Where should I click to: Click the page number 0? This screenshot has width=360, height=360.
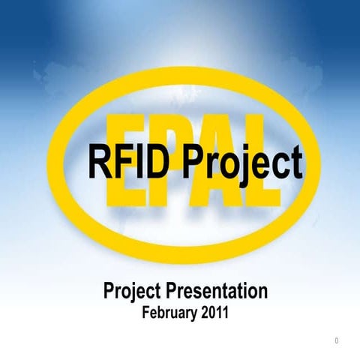pyautogui.click(x=337, y=342)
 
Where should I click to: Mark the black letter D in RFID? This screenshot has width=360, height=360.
pyautogui.click(x=148, y=161)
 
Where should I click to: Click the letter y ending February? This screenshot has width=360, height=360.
pyautogui.click(x=195, y=313)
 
